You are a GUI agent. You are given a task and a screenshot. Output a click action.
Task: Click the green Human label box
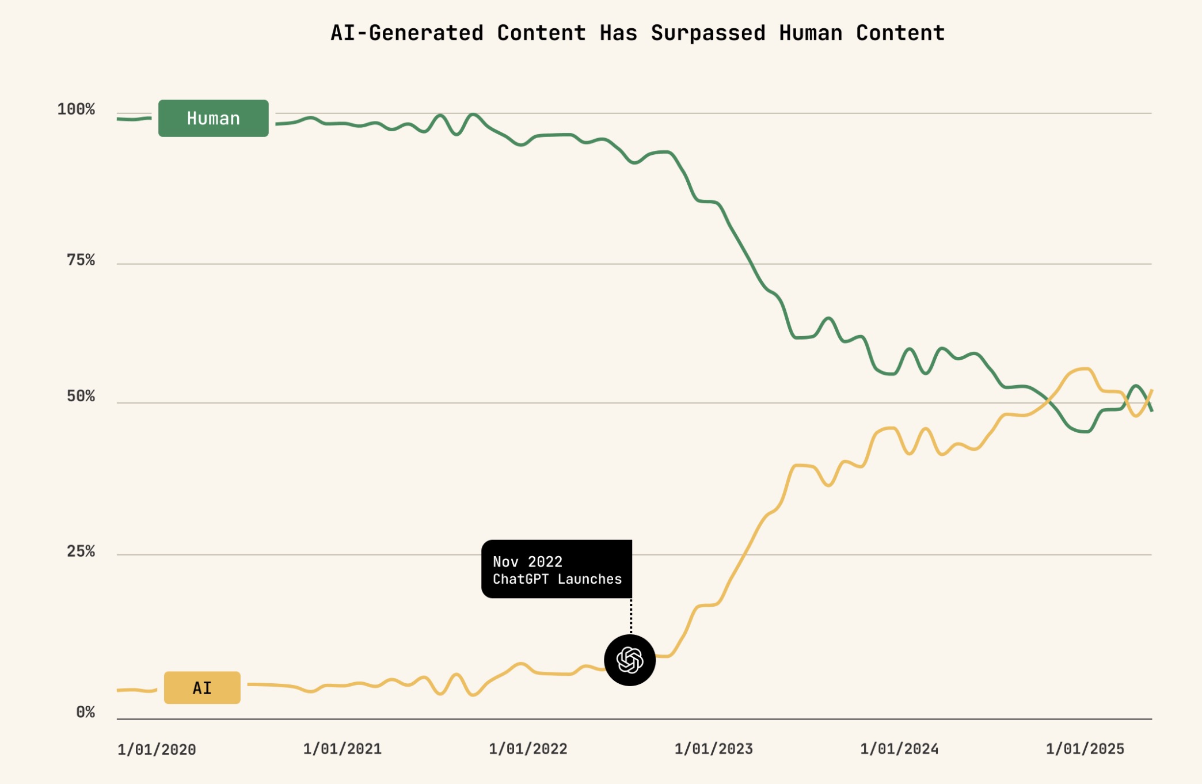click(x=213, y=118)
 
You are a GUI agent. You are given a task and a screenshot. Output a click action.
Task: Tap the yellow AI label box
click(x=202, y=687)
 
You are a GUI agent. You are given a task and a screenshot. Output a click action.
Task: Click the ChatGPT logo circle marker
click(x=630, y=660)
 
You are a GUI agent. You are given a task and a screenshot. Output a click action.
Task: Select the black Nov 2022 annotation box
click(x=556, y=569)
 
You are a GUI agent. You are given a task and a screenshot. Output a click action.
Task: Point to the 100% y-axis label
click(x=76, y=109)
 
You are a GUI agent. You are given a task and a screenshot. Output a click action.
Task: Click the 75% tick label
click(x=81, y=260)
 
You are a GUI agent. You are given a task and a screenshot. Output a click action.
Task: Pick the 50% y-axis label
click(x=81, y=396)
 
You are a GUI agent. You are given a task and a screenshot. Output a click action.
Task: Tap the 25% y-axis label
click(x=81, y=551)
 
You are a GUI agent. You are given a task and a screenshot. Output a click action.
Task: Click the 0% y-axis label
click(x=85, y=712)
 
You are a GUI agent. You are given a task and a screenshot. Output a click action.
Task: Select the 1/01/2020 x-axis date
click(x=157, y=749)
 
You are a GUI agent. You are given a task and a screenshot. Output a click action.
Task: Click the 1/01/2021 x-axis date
click(x=342, y=749)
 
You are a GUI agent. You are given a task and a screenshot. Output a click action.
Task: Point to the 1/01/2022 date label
click(x=528, y=749)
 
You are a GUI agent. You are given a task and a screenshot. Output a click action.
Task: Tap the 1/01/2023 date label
click(x=713, y=749)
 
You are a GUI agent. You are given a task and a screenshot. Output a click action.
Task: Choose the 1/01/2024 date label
click(x=899, y=749)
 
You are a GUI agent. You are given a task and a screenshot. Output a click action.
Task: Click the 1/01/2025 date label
click(x=1085, y=749)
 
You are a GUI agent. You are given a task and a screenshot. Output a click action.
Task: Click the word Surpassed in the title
click(x=708, y=33)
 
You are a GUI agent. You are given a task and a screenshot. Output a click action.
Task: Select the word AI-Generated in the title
click(x=407, y=33)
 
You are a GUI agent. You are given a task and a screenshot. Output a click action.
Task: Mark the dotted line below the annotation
click(x=631, y=616)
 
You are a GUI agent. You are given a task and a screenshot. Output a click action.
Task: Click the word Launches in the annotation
click(x=589, y=579)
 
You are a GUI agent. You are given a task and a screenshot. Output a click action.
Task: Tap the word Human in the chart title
click(x=811, y=33)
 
